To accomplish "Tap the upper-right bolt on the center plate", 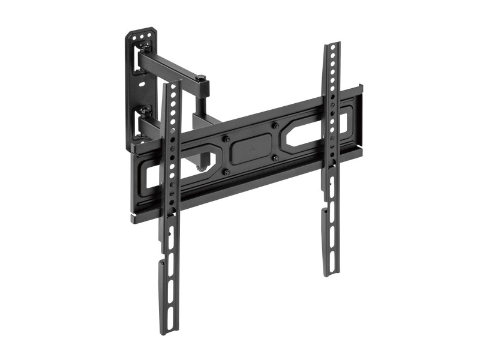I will [x=274, y=126].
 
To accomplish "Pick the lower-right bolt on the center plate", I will [x=275, y=157].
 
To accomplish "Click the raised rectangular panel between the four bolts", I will [x=251, y=149].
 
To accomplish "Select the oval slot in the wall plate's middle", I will [x=142, y=84].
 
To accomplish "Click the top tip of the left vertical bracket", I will [x=170, y=83].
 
